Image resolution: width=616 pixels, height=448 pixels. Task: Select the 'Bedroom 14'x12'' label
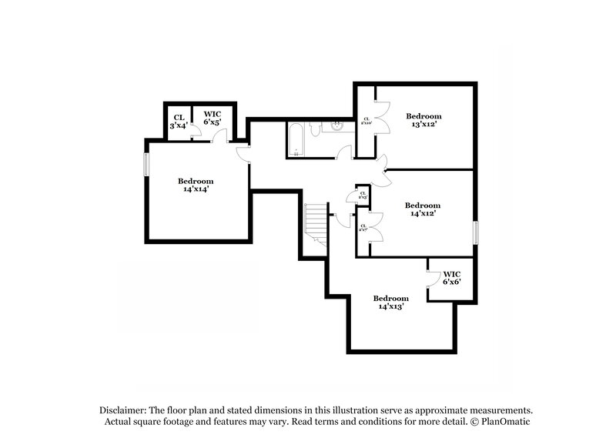(423, 209)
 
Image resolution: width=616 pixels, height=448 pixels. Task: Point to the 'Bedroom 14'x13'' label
(390, 302)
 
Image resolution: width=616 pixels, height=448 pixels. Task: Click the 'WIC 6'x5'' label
(213, 118)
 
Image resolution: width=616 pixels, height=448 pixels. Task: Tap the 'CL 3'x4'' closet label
(178, 121)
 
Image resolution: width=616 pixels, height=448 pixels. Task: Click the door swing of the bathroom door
(344, 151)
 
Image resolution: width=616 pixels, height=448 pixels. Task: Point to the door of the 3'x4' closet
(194, 133)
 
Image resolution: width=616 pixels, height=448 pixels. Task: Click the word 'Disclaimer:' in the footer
(126, 410)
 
